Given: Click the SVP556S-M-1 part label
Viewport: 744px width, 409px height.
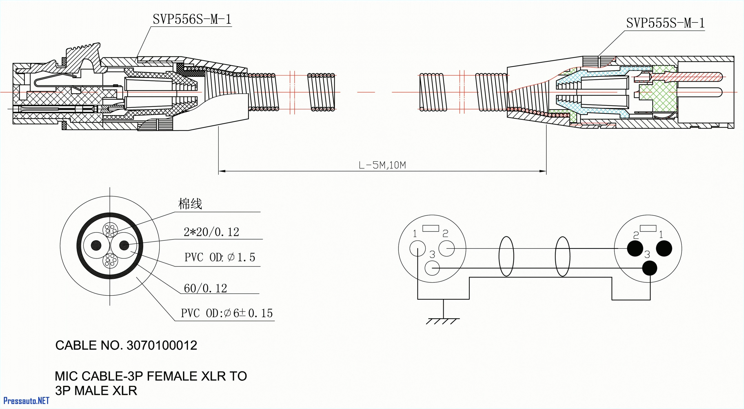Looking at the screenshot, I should coord(192,19).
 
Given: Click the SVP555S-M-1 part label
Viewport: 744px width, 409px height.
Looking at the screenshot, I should coord(665,23).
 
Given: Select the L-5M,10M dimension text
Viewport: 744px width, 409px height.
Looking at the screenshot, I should coord(382,165).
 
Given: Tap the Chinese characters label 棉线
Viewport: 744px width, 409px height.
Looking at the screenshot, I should coord(190,204).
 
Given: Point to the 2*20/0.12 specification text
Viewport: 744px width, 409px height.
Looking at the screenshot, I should coord(211,232).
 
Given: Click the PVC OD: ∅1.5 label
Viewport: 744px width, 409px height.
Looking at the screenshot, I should coord(220,257).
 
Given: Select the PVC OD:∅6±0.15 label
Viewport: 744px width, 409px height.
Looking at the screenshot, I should coord(227,313).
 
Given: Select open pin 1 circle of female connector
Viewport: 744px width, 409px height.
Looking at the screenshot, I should coord(418,248).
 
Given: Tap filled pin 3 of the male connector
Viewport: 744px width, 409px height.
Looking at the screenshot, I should coord(650,268).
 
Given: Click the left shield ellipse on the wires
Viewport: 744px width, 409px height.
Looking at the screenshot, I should coord(506,256).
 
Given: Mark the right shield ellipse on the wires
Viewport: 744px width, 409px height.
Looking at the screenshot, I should coord(563,256).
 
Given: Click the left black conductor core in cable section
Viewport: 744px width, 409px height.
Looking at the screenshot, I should coord(96,245).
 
